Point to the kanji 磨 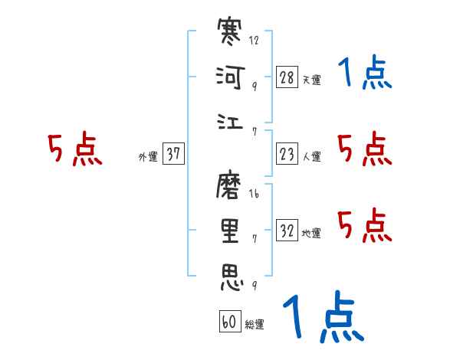point(231,185)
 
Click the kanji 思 point(231,277)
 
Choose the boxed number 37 point(173,154)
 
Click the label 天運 point(311,80)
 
